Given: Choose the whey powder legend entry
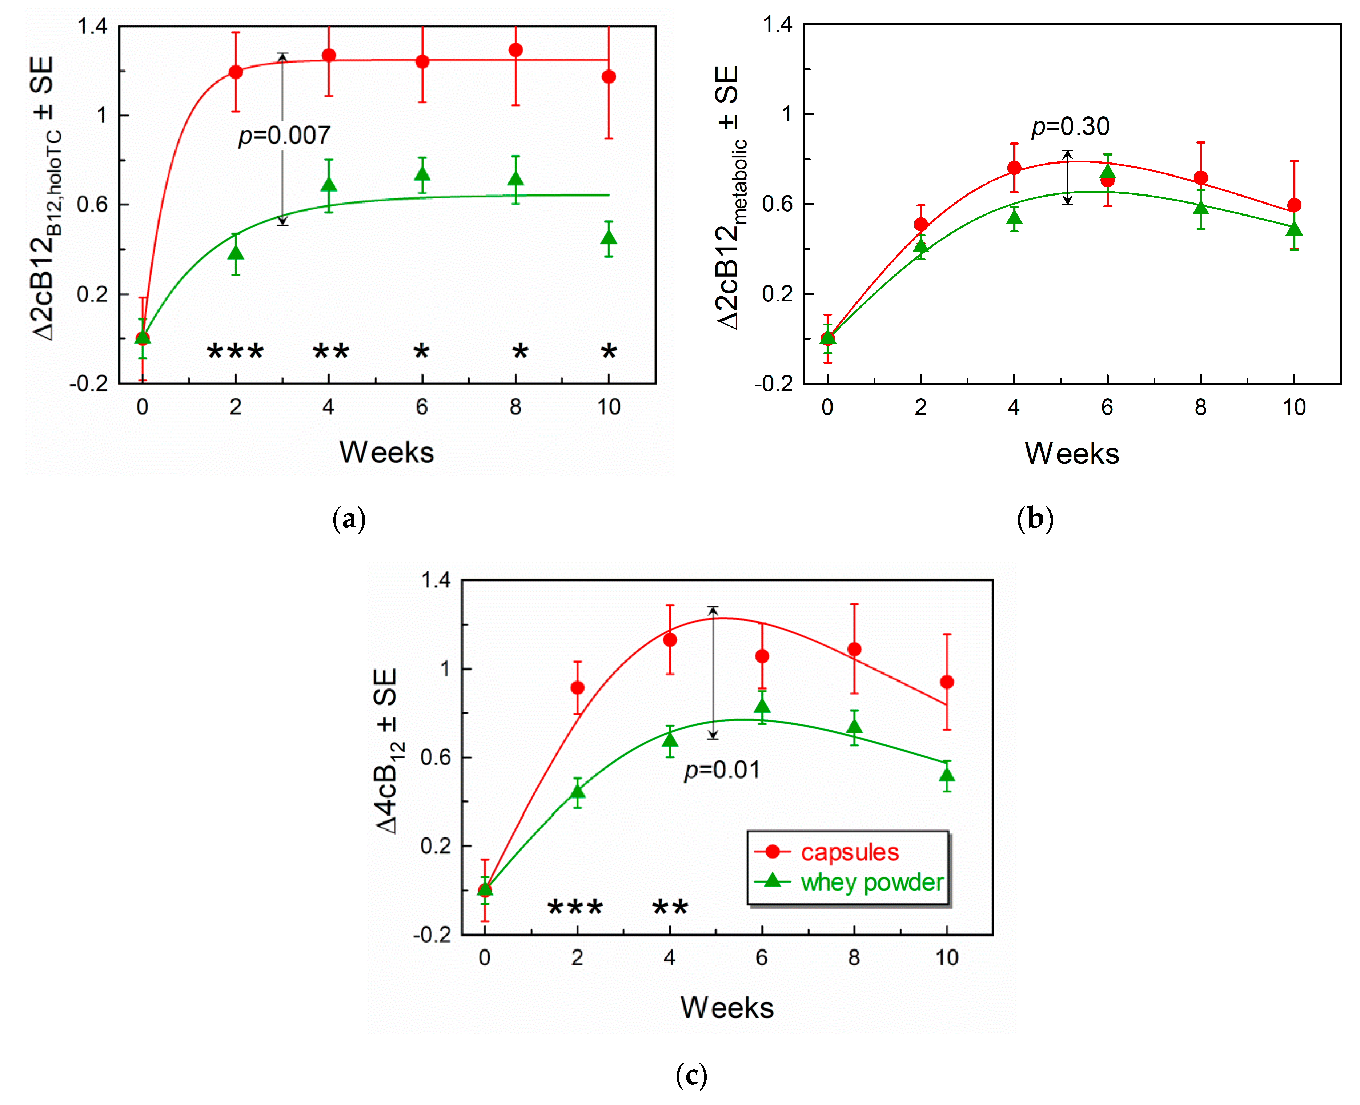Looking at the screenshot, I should click(871, 882).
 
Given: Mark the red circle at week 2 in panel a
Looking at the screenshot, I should click(236, 72).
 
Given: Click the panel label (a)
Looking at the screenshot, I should click(349, 519).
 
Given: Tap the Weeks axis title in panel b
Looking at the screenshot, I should click(1072, 453).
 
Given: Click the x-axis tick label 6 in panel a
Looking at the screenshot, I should click(421, 407).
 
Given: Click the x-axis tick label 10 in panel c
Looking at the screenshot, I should click(947, 957).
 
